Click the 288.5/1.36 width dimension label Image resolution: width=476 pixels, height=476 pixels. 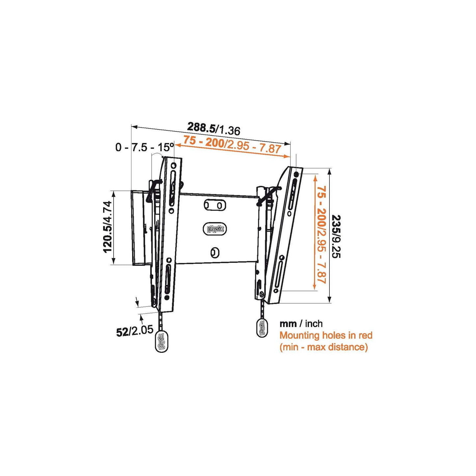(x=213, y=128)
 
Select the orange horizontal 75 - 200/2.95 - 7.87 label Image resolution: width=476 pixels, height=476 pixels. (x=232, y=144)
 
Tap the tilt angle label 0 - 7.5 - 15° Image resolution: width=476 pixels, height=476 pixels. (x=144, y=147)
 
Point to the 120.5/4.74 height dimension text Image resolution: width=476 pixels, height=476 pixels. (x=108, y=227)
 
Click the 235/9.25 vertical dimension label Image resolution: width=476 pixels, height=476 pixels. (x=336, y=236)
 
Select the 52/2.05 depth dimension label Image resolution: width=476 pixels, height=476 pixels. (x=134, y=331)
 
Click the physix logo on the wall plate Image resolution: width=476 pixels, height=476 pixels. (x=215, y=229)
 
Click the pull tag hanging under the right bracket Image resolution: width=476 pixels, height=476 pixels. (x=262, y=327)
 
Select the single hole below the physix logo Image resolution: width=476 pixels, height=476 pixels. (x=214, y=253)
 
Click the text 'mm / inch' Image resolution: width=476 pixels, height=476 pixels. (x=301, y=324)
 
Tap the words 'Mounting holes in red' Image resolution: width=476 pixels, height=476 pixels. (x=326, y=335)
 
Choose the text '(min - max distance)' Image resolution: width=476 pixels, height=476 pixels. (x=323, y=347)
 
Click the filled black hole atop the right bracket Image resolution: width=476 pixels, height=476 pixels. (x=296, y=174)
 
